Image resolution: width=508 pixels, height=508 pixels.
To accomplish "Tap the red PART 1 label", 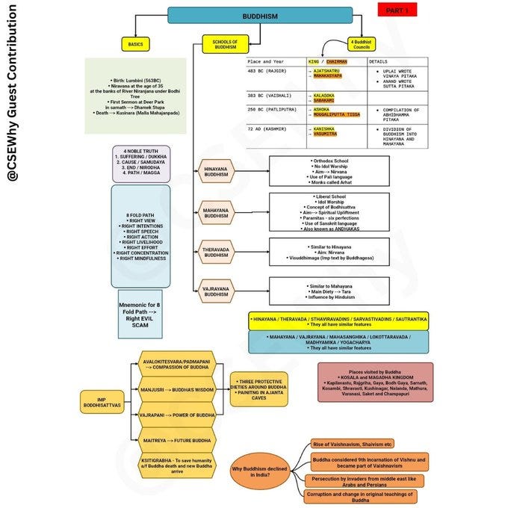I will pos(397,10).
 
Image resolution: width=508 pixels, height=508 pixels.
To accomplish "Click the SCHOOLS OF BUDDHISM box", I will pos(226,44).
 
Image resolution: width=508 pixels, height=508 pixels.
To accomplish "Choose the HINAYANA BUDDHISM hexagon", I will pos(215,173).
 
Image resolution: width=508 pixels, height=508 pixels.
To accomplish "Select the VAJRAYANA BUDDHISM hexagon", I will pos(215,291).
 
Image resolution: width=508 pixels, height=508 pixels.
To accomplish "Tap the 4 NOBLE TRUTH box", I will pos(141,164).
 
